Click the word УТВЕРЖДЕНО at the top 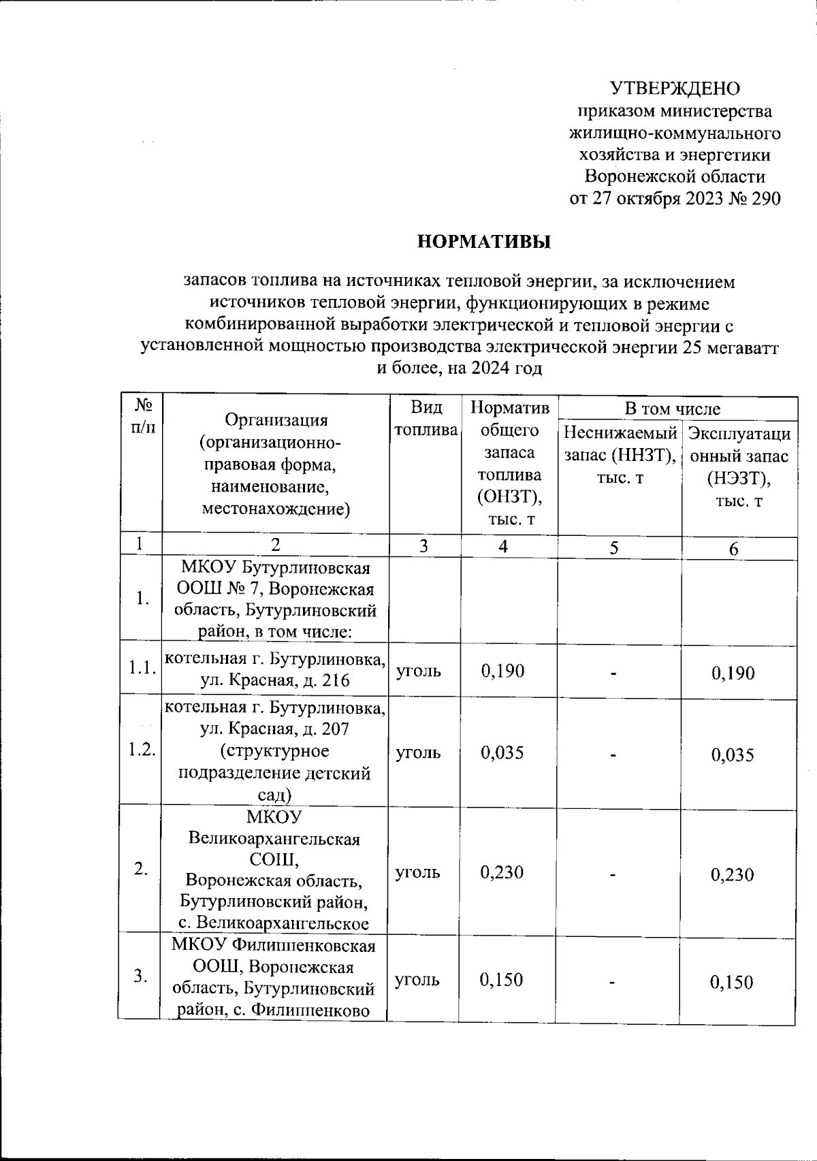pyautogui.click(x=675, y=89)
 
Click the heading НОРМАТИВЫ pyautogui.click(x=484, y=242)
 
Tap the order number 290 pyautogui.click(x=763, y=199)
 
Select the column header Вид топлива pyautogui.click(x=426, y=419)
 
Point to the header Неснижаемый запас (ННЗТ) pyautogui.click(x=620, y=455)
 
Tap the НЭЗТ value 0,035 pyautogui.click(x=733, y=754)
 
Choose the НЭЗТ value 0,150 pyautogui.click(x=732, y=982)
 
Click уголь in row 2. pyautogui.click(x=418, y=872)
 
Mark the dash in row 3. pyautogui.click(x=615, y=982)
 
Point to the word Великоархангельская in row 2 pyautogui.click(x=274, y=838)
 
